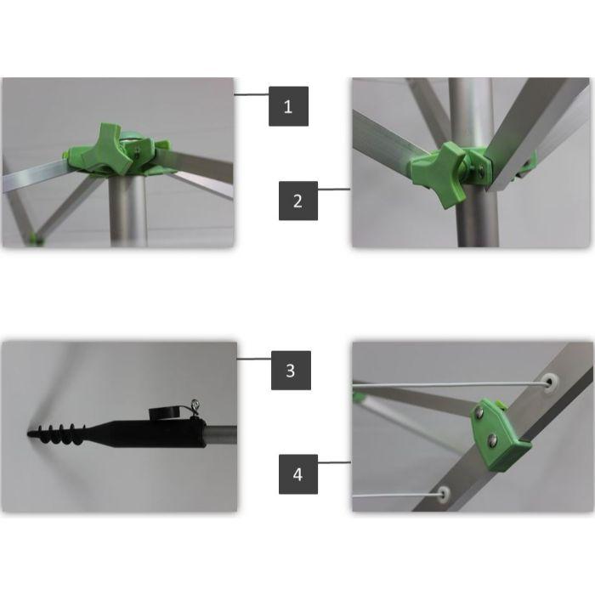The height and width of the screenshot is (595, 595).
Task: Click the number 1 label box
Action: pos(288,106)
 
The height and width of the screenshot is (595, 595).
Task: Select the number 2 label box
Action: pos(298,201)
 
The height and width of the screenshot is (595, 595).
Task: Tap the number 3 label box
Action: pos(291,371)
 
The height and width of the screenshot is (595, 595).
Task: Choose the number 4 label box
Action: pos(298,474)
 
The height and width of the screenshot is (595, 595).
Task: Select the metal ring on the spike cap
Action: pos(195,404)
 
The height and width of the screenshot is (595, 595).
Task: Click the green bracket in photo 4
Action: pos(500,434)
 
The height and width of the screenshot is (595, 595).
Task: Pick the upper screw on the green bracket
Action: pos(479,412)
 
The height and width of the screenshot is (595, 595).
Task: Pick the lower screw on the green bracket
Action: pos(492,439)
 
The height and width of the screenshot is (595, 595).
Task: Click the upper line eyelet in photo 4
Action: pos(550,382)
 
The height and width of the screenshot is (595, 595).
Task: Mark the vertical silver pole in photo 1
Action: pos(127,211)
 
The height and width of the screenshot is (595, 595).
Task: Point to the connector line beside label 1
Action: pos(252,94)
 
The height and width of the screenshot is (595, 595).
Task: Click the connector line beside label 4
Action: pos(334,462)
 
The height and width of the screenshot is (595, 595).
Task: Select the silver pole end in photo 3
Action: pos(221,435)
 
